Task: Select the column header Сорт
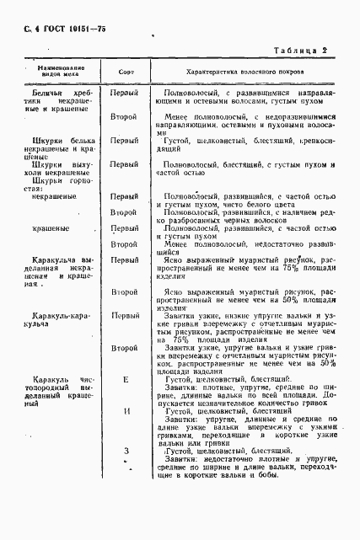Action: pyautogui.click(x=126, y=72)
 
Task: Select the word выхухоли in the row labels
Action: pyautogui.click(x=78, y=164)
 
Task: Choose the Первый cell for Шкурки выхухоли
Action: pyautogui.click(x=125, y=165)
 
